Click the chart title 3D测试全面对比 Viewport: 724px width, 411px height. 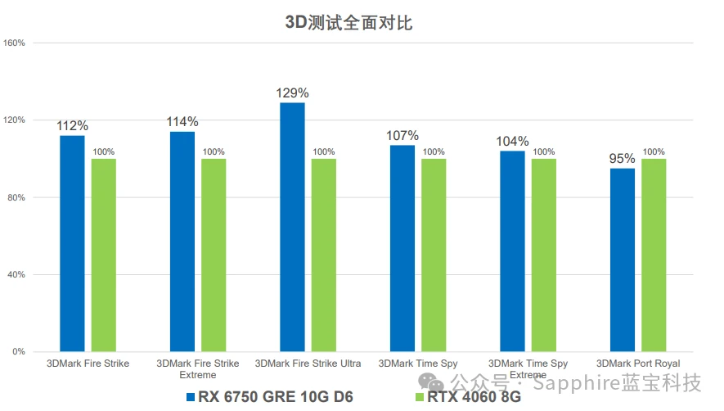(349, 22)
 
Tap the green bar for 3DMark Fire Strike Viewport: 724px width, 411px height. (104, 255)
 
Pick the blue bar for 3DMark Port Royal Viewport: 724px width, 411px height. (623, 260)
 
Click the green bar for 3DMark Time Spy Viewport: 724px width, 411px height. (434, 255)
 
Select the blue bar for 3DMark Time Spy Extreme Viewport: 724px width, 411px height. (513, 251)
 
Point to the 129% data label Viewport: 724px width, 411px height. (292, 93)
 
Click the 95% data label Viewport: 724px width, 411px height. (623, 159)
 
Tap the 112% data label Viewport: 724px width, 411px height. (72, 126)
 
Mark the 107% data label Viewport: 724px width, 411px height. (402, 136)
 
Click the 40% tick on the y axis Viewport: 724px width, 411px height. (17, 274)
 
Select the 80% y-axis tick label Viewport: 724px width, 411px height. (17, 197)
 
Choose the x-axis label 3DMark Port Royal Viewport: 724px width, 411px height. (638, 364)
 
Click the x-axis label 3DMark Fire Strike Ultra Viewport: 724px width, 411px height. (308, 364)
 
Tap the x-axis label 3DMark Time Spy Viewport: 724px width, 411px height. (418, 364)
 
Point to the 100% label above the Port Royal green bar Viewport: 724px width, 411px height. (654, 151)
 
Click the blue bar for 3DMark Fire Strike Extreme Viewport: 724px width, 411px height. (182, 242)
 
